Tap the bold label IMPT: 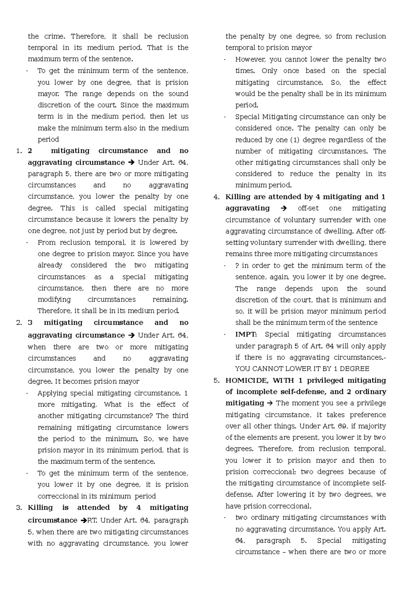tap(246, 335)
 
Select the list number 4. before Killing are tap(216, 197)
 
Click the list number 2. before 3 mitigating tap(19, 323)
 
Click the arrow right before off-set tap(284, 208)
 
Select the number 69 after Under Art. tap(340, 426)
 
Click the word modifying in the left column tap(54, 299)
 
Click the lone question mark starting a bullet tap(237, 266)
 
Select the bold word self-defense tap(292, 392)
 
